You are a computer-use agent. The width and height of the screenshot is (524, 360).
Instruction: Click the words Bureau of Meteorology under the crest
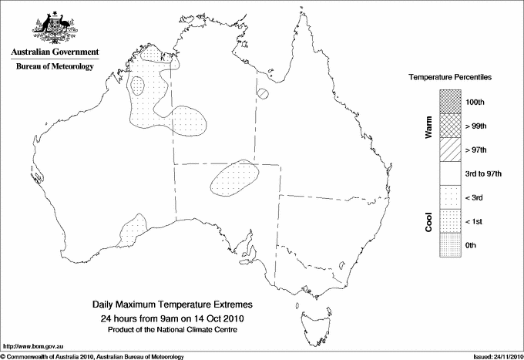55,67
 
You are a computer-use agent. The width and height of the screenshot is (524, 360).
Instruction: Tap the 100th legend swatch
451,101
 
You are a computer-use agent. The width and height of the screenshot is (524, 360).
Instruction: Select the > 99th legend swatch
451,125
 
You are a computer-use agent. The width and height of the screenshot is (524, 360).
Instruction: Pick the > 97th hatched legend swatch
451,149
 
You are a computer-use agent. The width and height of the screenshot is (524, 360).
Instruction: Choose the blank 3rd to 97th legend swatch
451,173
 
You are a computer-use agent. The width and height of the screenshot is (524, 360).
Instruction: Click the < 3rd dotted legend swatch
451,197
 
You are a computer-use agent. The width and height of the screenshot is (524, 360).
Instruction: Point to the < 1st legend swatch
451,220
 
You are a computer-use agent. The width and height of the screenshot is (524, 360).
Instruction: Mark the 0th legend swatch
451,244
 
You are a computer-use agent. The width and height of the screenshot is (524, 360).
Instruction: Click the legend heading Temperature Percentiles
451,78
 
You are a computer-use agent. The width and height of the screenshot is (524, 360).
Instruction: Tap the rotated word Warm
428,127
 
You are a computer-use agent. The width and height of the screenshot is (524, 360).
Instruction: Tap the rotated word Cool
428,222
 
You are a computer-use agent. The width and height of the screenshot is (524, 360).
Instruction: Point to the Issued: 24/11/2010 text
495,356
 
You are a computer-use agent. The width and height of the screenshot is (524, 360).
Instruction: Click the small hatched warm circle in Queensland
264,94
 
